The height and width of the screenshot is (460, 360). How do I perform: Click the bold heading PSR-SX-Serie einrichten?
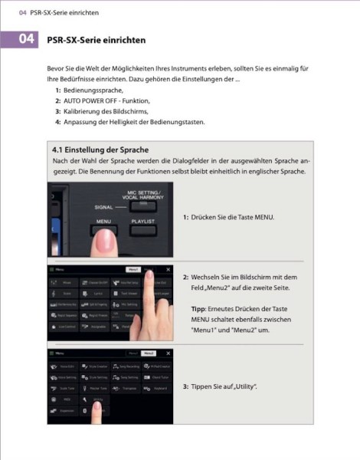coord(96,39)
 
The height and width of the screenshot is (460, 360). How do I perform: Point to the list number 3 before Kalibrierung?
coord(57,111)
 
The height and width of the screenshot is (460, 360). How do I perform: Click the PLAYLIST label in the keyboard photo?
coord(143,221)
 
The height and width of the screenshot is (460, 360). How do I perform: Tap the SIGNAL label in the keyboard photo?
coord(85,208)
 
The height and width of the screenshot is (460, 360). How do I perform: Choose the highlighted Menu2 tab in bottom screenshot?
coord(149,353)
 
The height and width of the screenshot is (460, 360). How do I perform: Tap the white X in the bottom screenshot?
coord(167,353)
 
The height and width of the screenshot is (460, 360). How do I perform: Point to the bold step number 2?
coord(185,276)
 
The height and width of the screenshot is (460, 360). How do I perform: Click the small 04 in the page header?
coord(11,13)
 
